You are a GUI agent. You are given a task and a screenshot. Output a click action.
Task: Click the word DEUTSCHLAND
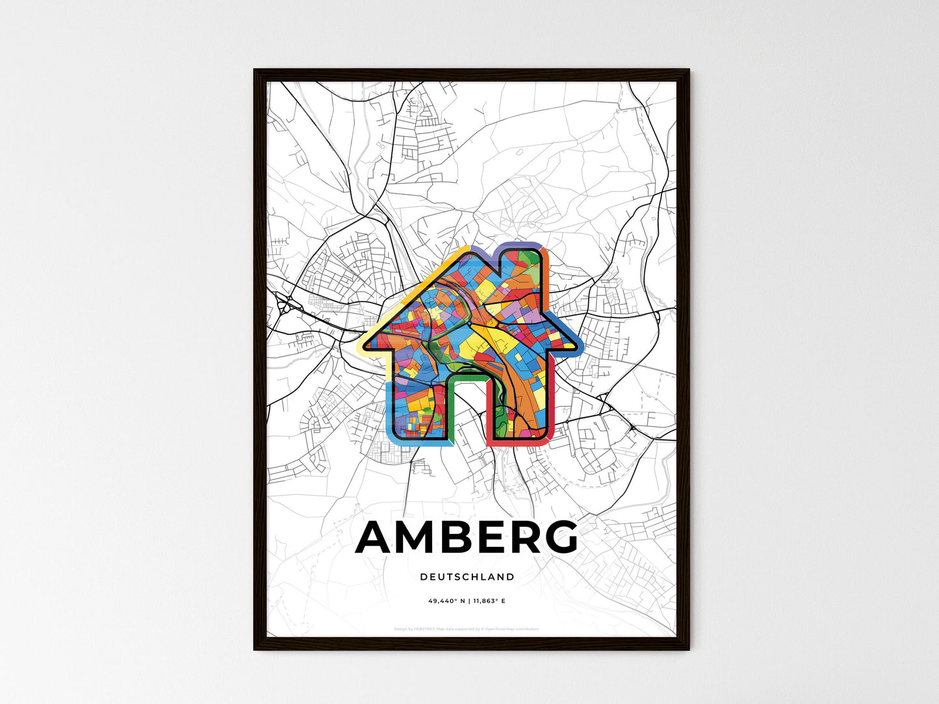pos(467,577)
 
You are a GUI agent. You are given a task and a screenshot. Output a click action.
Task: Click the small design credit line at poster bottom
pos(467,629)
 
